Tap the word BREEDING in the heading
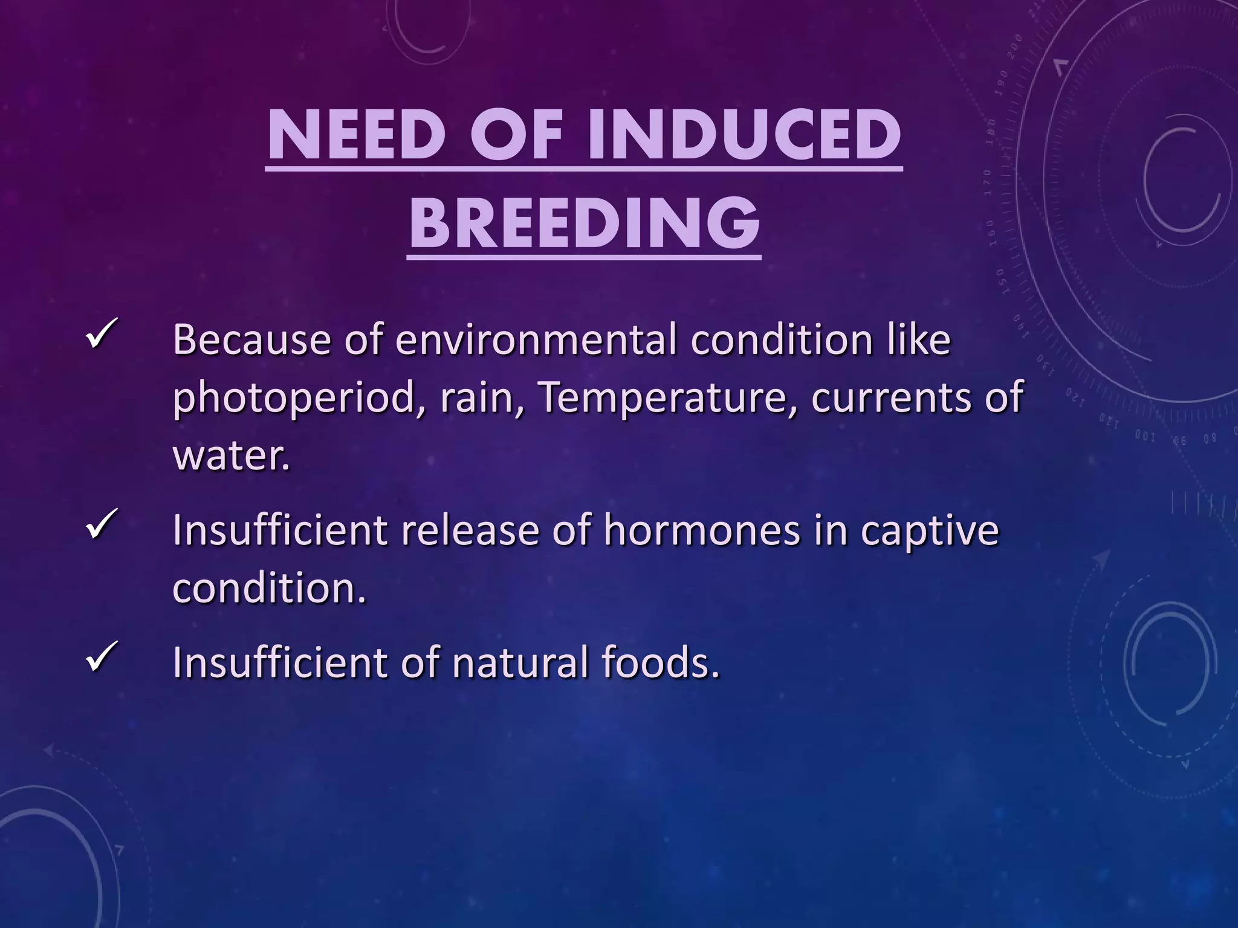tap(584, 224)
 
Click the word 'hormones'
tap(701, 530)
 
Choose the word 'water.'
tap(232, 455)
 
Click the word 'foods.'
tap(661, 662)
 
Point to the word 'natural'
tap(520, 662)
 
